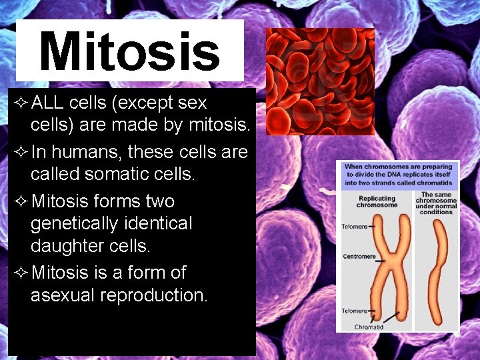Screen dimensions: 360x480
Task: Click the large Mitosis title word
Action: click(x=129, y=51)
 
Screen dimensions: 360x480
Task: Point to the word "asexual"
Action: click(x=62, y=295)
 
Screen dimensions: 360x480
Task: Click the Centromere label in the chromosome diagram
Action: click(x=358, y=256)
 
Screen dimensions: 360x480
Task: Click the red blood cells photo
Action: click(x=319, y=81)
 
